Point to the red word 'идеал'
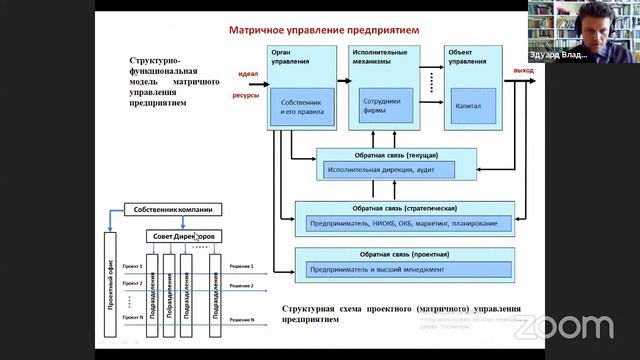coord(248,75)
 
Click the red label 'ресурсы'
coord(247,96)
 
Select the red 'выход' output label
coord(523,71)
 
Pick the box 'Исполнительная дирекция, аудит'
coord(375,170)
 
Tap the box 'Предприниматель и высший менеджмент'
coord(375,269)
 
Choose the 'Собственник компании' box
coord(172,209)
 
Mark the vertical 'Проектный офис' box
coord(110,281)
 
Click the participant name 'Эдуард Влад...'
coord(604,57)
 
